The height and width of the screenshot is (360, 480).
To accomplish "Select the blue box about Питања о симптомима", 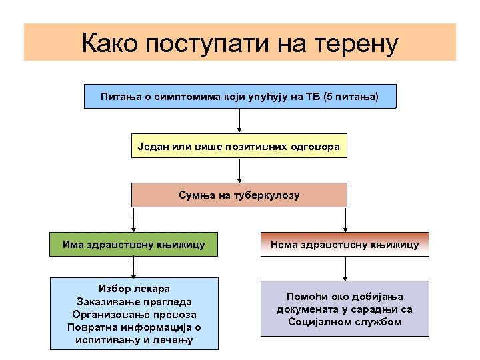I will coord(239,97).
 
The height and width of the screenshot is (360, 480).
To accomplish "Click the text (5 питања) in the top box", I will coord(351,97).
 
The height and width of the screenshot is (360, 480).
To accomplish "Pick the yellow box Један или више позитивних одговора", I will coord(239,146).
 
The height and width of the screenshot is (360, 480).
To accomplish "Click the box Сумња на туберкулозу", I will coord(239,195).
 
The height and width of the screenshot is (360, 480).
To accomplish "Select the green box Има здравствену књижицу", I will coord(134,245).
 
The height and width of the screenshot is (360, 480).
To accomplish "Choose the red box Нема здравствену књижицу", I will coord(345,245).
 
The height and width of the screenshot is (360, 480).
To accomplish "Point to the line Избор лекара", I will coord(134,289).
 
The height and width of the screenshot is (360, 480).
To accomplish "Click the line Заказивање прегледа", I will coord(134,301).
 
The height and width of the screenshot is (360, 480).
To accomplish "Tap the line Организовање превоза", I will coord(134,314).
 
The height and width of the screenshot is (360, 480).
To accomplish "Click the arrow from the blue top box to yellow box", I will coord(239,121).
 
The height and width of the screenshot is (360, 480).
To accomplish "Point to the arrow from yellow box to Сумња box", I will coord(239,171).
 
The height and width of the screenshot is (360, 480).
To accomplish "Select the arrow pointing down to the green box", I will coord(134,220).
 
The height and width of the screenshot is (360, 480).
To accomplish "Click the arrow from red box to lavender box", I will coord(345,269).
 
